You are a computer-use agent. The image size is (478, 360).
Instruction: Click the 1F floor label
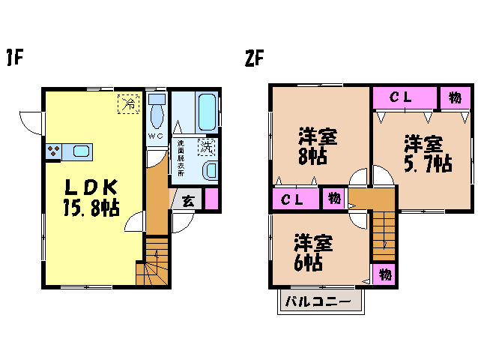[15, 58]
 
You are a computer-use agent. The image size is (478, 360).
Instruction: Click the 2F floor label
[254, 58]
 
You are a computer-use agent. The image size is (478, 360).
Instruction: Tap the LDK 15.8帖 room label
[91, 197]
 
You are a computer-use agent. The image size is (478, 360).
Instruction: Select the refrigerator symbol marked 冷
[128, 104]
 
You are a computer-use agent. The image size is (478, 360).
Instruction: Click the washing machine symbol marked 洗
[207, 147]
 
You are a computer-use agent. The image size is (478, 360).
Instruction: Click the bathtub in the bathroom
[208, 112]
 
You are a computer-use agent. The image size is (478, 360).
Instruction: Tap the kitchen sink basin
[82, 151]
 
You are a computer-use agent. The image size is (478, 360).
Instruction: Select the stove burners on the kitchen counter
[54, 151]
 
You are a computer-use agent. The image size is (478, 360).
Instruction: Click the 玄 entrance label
[188, 201]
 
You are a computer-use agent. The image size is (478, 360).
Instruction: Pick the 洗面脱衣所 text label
[181, 158]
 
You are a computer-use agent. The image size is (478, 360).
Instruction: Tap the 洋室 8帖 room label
[318, 147]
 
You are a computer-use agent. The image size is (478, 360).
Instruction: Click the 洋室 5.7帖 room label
[428, 154]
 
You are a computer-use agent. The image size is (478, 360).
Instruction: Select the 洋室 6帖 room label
[312, 252]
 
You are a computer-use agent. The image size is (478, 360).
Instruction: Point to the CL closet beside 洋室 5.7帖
[405, 97]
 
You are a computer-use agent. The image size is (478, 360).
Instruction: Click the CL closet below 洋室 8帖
[295, 199]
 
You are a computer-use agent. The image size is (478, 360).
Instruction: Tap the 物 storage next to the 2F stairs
[384, 275]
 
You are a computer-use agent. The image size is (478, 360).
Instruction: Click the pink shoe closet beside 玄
[211, 199]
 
